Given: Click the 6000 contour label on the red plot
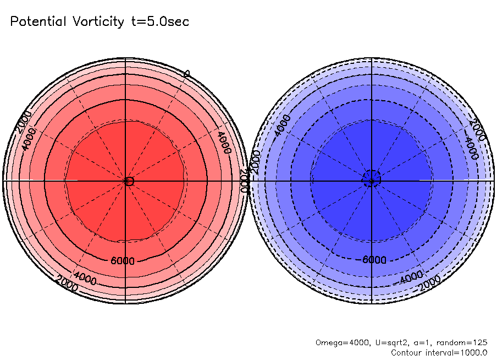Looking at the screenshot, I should coord(122,260).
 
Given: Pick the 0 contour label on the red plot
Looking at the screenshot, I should coord(186,74).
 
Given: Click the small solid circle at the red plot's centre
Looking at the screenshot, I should coord(130,181).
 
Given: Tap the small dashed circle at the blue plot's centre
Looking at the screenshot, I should coord(372,180).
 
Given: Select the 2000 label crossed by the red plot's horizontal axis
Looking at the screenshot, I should coord(245,179).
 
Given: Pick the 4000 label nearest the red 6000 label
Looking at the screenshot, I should coord(85,280).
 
